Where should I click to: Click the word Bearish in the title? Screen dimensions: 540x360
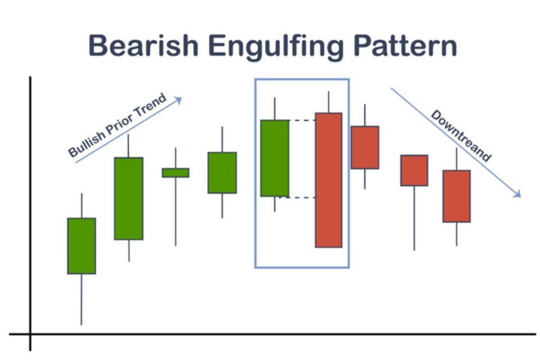[x=143, y=45]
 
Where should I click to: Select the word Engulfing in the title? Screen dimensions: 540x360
[x=276, y=47]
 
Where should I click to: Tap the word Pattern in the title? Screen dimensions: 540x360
[x=405, y=45]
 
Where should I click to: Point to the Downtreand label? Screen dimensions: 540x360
[x=461, y=135]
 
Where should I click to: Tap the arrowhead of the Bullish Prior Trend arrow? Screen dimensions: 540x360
[x=178, y=100]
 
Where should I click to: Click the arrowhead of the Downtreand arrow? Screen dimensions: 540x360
[x=517, y=194]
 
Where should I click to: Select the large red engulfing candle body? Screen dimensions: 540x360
[x=329, y=180]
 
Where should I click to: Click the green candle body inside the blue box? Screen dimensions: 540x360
[x=275, y=158]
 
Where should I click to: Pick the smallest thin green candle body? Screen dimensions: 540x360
[x=176, y=173]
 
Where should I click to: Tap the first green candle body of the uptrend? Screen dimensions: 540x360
[x=82, y=246]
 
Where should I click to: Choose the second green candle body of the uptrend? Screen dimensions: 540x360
[x=129, y=199]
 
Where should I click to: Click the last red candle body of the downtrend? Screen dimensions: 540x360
[x=457, y=196]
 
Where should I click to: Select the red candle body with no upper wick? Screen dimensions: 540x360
[x=414, y=171]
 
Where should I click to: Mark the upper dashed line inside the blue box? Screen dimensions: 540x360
[x=302, y=121]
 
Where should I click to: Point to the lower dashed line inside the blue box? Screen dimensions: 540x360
[x=298, y=198]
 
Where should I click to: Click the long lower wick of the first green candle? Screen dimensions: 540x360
[x=82, y=299]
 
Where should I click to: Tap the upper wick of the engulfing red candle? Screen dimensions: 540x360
[x=329, y=102]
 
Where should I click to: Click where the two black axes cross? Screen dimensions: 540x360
[x=30, y=334]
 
